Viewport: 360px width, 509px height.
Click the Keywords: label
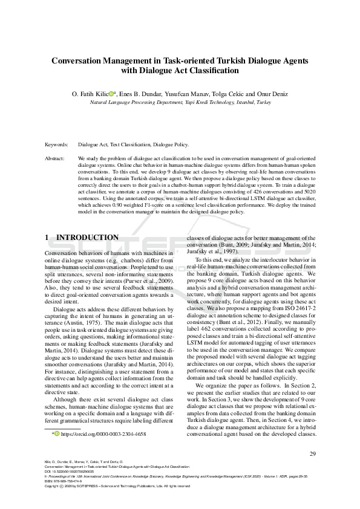57,145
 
